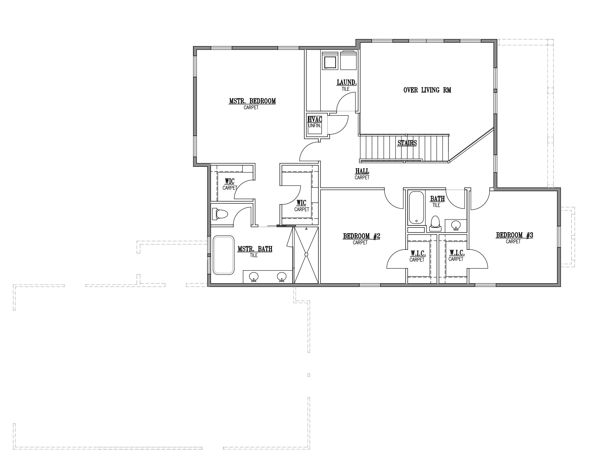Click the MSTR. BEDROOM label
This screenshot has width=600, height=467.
coord(252,101)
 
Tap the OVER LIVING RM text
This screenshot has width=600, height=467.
coord(427,90)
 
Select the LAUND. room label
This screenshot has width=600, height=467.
coord(347,82)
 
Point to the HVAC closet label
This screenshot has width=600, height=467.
coord(315,119)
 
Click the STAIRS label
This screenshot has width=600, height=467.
coord(407,143)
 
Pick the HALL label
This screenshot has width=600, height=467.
coord(362,171)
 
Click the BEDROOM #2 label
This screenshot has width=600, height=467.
coord(362,237)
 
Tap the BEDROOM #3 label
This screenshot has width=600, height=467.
coord(514,235)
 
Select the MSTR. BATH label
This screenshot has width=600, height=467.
coord(255,249)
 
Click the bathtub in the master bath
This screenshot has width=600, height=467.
coord(223,255)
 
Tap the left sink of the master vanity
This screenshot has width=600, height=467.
coord(254,277)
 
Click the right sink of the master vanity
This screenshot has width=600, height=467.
coord(282,277)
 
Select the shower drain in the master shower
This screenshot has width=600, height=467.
coord(306,255)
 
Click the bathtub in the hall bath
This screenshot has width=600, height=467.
coord(416,207)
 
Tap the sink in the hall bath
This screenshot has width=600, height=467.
coord(456,225)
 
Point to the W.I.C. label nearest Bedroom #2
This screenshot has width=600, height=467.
coord(418,254)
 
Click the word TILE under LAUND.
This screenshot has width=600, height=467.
coord(345,89)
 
